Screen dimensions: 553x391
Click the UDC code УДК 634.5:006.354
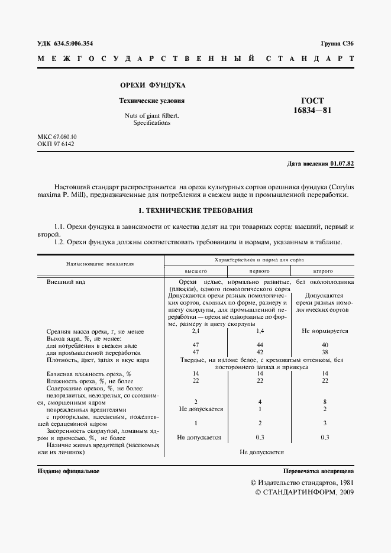(x=64, y=44)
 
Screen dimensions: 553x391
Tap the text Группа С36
(x=337, y=44)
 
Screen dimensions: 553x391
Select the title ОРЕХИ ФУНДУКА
(x=153, y=85)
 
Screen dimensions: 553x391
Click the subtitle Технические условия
(x=152, y=101)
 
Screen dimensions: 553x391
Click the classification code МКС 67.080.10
(x=57, y=137)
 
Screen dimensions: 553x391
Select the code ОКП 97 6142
(x=55, y=144)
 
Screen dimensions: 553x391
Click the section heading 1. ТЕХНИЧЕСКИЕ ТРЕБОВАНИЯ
(x=195, y=210)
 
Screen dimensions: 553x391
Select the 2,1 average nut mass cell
(x=195, y=331)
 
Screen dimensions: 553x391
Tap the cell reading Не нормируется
(x=325, y=331)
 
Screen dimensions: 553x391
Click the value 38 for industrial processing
(x=325, y=352)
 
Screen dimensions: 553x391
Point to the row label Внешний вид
(x=66, y=282)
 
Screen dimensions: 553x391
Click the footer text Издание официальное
(x=68, y=471)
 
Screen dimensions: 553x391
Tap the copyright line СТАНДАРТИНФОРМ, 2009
(x=303, y=493)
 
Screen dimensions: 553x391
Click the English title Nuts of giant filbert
(x=151, y=115)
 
